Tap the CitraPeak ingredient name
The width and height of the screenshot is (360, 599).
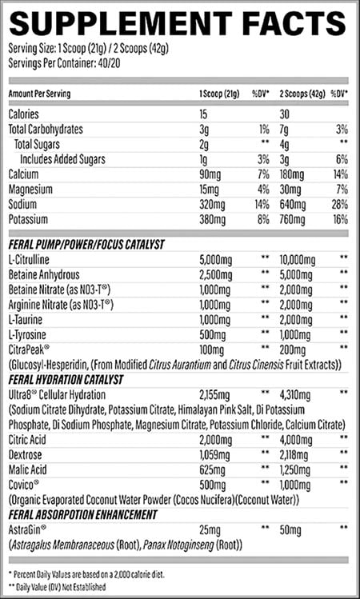tap(29, 349)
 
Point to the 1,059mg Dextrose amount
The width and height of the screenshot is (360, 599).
tap(214, 454)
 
